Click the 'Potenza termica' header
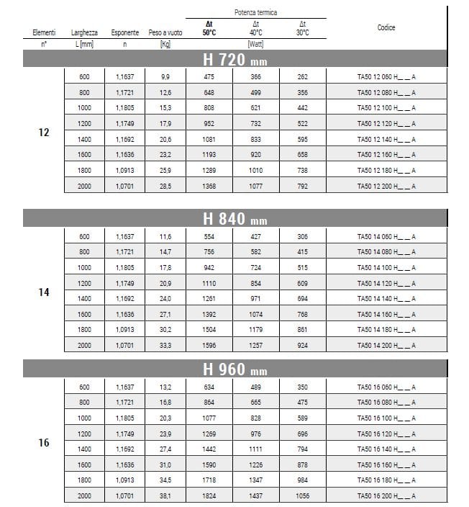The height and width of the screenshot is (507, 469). point(255,12)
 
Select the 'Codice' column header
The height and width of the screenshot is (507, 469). point(386,27)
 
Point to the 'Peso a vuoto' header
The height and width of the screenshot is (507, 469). point(165,33)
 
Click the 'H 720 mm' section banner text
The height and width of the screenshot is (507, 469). point(234,60)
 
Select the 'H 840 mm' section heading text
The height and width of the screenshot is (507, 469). point(234,219)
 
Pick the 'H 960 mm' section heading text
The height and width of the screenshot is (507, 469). point(234,370)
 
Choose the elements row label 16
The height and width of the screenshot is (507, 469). point(44,442)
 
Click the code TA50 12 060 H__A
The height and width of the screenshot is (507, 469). point(386,77)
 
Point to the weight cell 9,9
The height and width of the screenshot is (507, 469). point(165,77)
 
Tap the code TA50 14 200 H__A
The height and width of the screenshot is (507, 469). point(386,346)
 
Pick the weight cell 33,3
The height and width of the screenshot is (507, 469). point(165,346)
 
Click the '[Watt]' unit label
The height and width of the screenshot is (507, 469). point(255,45)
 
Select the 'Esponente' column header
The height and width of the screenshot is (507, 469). point(125,33)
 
